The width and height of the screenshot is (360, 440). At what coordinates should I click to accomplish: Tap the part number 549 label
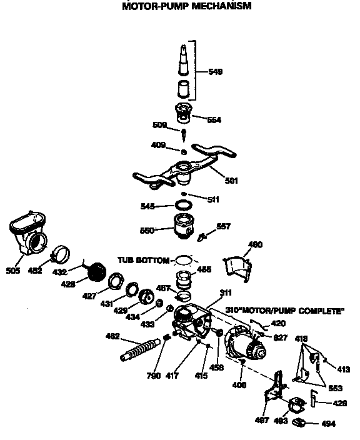(214, 72)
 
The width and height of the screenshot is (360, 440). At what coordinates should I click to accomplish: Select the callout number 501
(231, 181)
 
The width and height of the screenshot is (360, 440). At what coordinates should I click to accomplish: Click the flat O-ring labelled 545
(184, 205)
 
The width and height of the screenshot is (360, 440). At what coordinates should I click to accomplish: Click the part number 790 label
(154, 376)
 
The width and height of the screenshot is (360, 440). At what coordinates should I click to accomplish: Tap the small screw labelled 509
(185, 134)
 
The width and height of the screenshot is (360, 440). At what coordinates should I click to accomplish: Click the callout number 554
(214, 119)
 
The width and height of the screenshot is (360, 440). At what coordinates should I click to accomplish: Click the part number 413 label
(343, 369)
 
